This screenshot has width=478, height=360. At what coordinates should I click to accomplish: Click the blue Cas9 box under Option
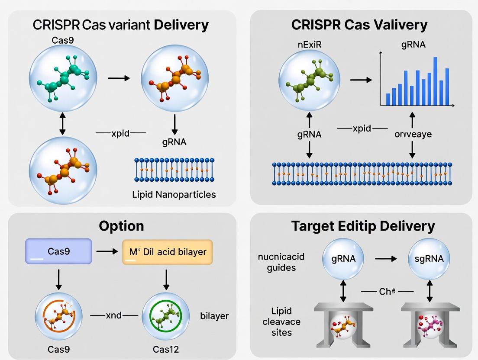(x=59, y=251)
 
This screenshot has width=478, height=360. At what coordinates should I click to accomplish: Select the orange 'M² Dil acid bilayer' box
(x=168, y=251)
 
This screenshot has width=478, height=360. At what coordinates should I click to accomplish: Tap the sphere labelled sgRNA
(x=429, y=259)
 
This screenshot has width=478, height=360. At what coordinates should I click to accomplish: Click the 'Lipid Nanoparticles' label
(x=174, y=194)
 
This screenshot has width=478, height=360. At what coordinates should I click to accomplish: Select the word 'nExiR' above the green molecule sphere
(x=307, y=45)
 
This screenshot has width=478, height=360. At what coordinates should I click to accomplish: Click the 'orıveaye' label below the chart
(x=413, y=134)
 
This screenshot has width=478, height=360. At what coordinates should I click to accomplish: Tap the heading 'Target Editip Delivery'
(x=363, y=226)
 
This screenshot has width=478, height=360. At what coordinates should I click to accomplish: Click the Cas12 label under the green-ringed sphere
(x=166, y=349)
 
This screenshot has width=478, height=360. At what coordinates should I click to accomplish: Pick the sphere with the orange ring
(x=58, y=316)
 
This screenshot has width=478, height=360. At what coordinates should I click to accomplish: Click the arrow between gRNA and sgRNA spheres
(x=386, y=258)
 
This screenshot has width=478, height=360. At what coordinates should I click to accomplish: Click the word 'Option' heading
(x=121, y=226)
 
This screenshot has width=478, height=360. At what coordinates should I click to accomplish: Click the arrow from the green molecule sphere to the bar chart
(x=361, y=80)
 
